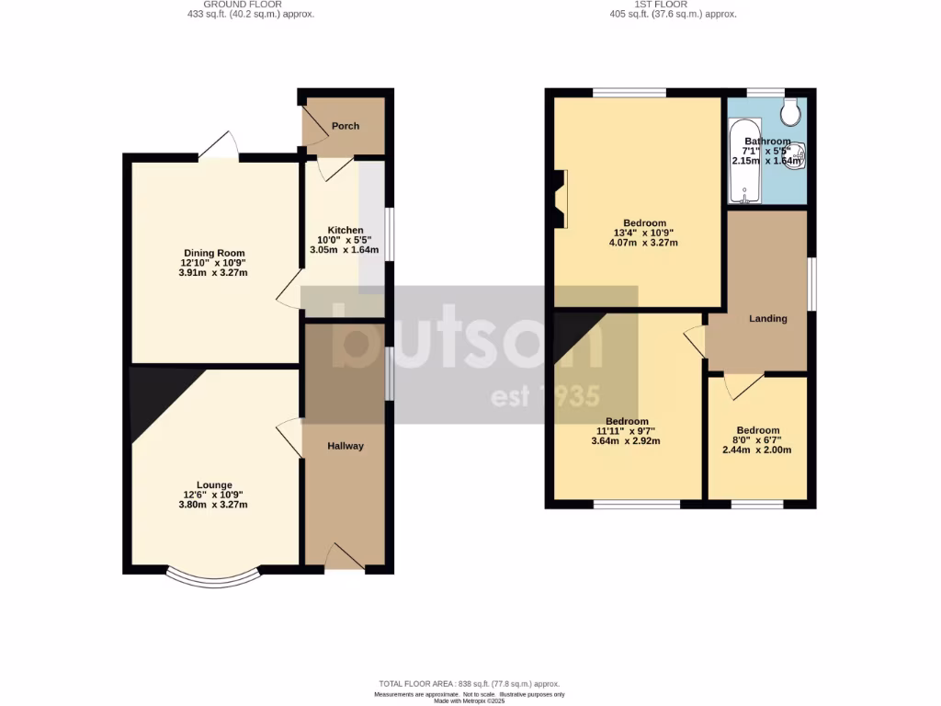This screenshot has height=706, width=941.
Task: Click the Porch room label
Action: pos(346,126)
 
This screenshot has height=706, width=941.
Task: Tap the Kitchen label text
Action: pos(346,230)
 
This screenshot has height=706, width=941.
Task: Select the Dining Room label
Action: pos(214,253)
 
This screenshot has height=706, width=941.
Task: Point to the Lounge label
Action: pos(214,484)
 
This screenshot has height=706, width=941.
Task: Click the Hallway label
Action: pos(346,446)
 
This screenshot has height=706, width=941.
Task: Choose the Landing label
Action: pos(768,319)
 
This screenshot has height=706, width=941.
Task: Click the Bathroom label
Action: pos(767,141)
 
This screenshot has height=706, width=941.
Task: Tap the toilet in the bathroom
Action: pos(789,112)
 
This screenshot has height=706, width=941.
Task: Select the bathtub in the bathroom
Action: pos(744,161)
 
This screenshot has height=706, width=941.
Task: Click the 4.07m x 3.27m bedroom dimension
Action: pos(643,244)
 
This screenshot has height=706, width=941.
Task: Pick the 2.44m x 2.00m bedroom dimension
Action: pos(757,450)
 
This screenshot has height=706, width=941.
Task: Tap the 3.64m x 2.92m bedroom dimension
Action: pos(627,441)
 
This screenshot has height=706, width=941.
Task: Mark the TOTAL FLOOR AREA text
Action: pos(470,684)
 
